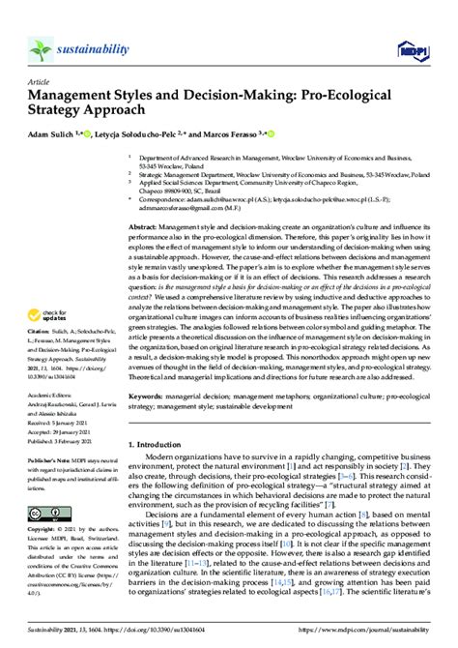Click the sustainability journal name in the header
[81, 45]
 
